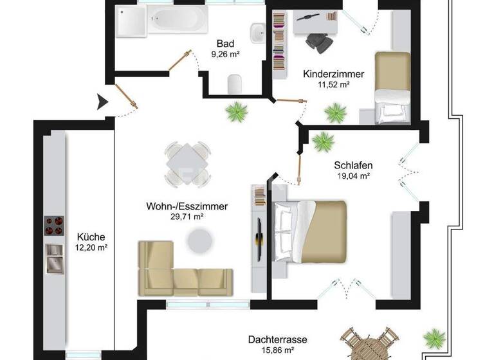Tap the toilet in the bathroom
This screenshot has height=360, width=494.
(x=234, y=82)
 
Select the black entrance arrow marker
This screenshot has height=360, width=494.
(x=102, y=102)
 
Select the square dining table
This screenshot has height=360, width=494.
(x=187, y=162)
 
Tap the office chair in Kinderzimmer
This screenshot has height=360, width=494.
(x=319, y=40)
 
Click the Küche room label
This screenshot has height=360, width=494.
(x=90, y=236)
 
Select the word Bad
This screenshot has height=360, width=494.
(x=225, y=44)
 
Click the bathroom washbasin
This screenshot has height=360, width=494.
(x=257, y=32)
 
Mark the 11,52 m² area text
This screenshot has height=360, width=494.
(x=333, y=84)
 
